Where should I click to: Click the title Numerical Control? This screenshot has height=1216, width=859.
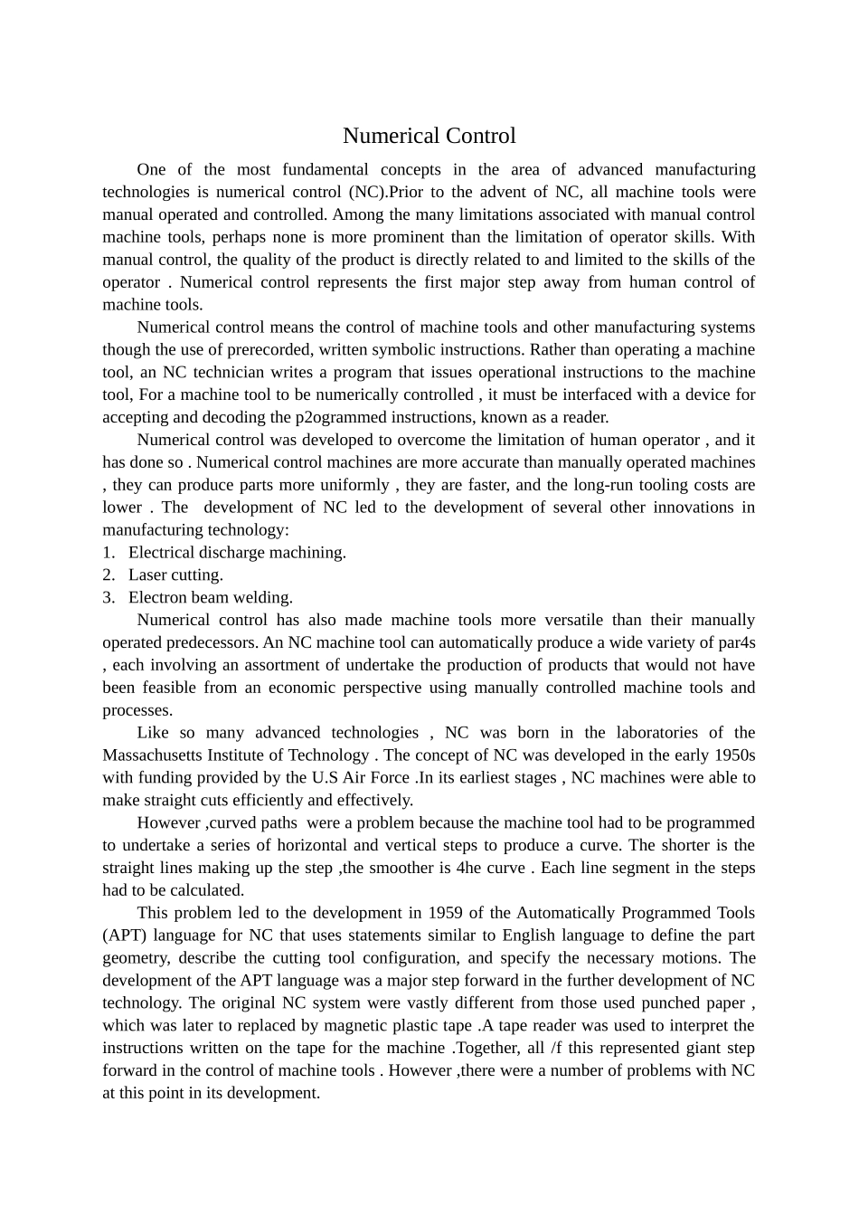point(429,136)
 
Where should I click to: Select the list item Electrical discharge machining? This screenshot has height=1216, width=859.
point(237,552)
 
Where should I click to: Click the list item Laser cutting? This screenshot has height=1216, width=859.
point(175,575)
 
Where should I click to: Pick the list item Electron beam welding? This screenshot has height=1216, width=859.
point(210,597)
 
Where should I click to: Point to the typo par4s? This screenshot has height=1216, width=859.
point(737,642)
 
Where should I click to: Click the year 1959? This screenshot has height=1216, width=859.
point(445,912)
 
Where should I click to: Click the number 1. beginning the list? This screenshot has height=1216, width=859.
point(109,552)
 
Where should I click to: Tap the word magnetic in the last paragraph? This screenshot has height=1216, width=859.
point(352,1025)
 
